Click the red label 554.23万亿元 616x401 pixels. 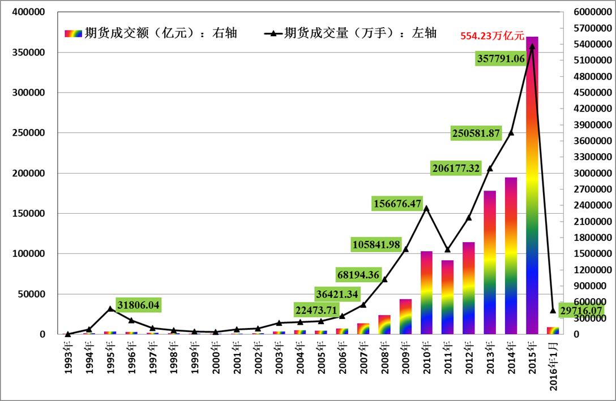492,35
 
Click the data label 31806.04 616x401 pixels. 138,305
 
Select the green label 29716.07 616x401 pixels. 581,311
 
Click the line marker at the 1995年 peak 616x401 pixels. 110,309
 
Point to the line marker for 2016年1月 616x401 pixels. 553,311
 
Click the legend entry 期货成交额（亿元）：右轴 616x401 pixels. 151,33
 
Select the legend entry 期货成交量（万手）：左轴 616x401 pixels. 350,33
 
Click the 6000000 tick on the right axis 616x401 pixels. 589,12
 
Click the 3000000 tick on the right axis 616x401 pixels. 589,173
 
